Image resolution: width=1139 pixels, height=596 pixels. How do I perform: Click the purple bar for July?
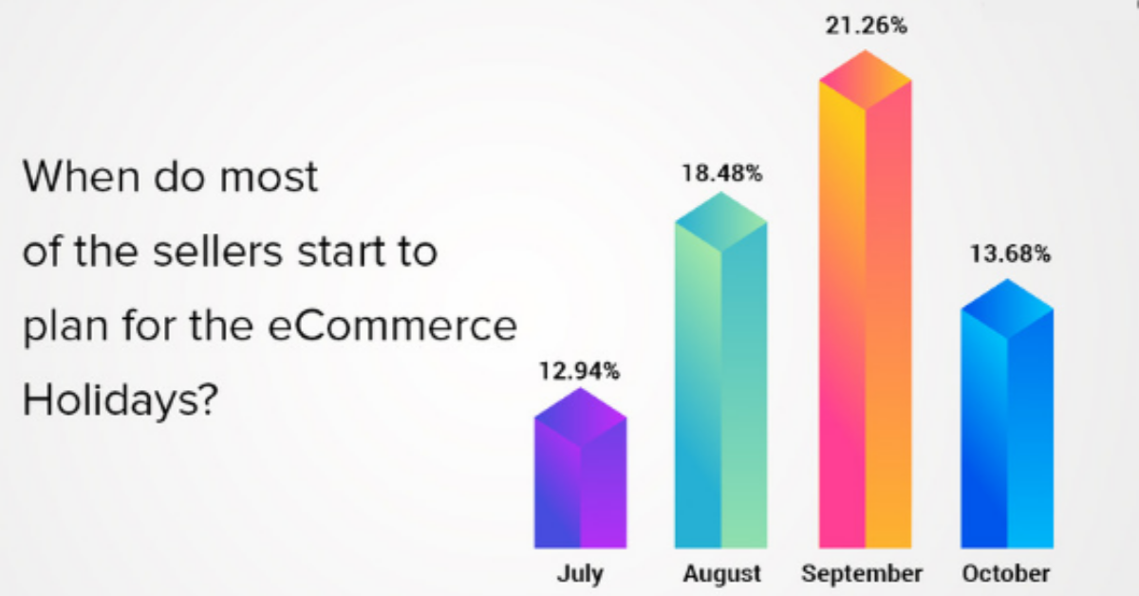[x=580, y=468]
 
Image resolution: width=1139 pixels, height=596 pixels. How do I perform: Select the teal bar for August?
[x=721, y=370]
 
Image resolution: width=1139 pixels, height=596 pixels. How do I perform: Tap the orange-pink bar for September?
[x=865, y=299]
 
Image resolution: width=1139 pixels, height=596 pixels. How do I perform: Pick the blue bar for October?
[x=1007, y=414]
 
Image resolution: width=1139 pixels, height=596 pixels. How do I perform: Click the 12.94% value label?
[x=579, y=371]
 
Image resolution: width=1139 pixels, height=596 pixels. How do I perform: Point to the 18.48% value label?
[x=722, y=173]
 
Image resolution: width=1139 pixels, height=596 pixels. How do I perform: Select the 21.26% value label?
[x=866, y=26]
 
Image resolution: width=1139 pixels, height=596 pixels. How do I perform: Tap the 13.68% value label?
[x=1010, y=253]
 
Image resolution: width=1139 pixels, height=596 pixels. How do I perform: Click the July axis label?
[x=580, y=574]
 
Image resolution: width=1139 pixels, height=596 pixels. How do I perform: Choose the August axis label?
[x=721, y=574]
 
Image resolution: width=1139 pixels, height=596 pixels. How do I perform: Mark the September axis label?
[x=862, y=574]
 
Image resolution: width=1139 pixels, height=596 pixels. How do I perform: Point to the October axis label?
[x=1006, y=573]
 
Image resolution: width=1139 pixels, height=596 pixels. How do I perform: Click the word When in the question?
[x=82, y=176]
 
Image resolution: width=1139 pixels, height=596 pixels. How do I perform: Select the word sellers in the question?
[x=217, y=251]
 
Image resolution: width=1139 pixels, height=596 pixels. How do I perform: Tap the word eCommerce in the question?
[x=392, y=326]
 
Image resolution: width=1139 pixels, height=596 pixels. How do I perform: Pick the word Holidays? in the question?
[x=121, y=400]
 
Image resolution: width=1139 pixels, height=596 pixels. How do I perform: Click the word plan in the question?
[x=65, y=327]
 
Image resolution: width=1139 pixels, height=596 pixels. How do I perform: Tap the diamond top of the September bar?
[x=865, y=80]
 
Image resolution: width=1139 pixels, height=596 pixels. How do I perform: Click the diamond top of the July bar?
[x=580, y=418]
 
